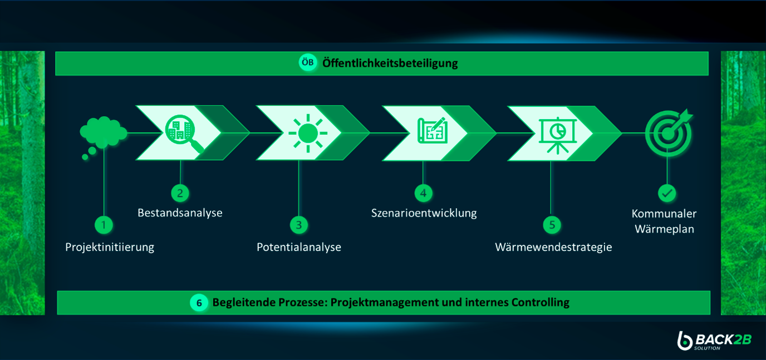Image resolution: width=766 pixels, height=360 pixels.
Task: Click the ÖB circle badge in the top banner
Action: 307,63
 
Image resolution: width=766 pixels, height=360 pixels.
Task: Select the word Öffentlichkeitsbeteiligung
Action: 390,63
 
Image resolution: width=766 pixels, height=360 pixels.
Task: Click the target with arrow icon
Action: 669,132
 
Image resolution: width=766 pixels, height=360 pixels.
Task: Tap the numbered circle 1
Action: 103,225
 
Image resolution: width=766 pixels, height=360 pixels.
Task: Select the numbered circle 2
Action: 180,193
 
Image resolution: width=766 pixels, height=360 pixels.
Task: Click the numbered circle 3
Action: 298,225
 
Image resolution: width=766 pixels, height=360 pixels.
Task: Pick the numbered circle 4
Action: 423,193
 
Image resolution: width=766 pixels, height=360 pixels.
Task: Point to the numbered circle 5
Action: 552,225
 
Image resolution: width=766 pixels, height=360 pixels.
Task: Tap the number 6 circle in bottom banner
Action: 199,303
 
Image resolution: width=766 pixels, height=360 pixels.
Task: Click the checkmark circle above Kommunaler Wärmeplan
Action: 666,193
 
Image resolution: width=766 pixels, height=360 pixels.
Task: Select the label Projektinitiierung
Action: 110,247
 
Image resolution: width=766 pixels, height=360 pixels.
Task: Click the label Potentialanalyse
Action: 298,247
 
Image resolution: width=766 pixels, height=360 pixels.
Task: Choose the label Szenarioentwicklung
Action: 424,213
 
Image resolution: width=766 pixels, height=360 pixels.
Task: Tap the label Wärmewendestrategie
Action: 553,247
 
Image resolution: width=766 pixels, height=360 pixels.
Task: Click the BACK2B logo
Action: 714,341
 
